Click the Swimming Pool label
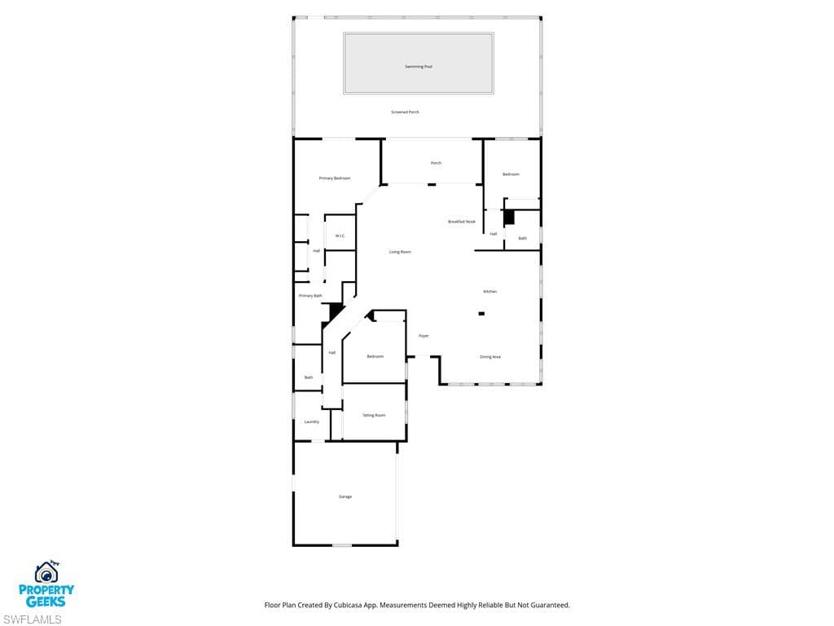point(419,66)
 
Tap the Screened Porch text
point(405,112)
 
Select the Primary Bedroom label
point(335,178)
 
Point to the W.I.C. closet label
point(340,236)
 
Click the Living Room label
point(400,252)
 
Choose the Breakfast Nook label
point(462,222)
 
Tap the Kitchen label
point(490,291)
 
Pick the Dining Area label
point(490,356)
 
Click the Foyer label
point(424,336)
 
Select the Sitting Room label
point(375,415)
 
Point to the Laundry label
point(312,421)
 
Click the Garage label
point(345,496)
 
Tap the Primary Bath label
point(310,295)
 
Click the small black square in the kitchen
point(481,313)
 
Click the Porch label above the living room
point(437,163)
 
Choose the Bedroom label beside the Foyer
point(375,356)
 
